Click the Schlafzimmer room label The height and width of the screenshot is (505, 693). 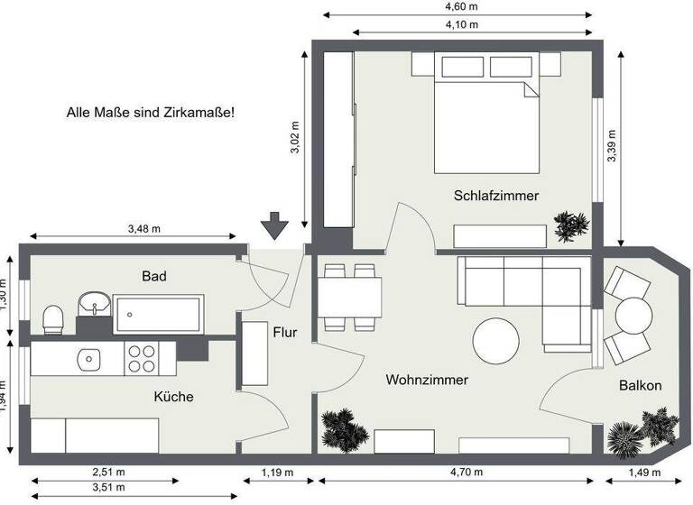click(x=496, y=195)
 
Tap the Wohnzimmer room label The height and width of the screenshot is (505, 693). click(x=427, y=381)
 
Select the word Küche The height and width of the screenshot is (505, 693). click(x=173, y=397)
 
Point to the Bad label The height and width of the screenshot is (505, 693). click(x=154, y=276)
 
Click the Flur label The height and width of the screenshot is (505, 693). click(x=284, y=332)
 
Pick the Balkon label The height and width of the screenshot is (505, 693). click(x=640, y=386)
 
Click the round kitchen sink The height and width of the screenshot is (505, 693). click(x=88, y=359)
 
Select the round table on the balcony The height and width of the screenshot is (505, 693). click(x=633, y=316)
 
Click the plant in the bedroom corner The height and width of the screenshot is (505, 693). click(x=571, y=225)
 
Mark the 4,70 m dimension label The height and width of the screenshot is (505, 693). click(x=461, y=471)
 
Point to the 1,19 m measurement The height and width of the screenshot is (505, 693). click(x=276, y=471)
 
